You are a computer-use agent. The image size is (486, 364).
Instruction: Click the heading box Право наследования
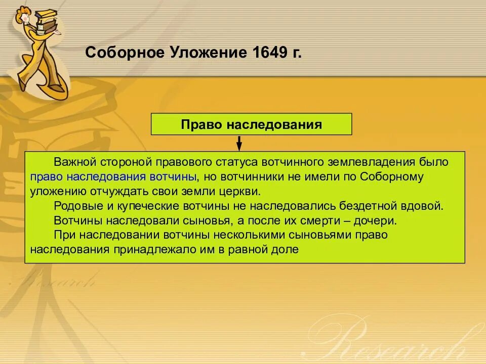251,124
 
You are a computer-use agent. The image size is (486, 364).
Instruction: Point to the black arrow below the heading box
239,143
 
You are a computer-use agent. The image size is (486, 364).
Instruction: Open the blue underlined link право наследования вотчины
113,177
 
